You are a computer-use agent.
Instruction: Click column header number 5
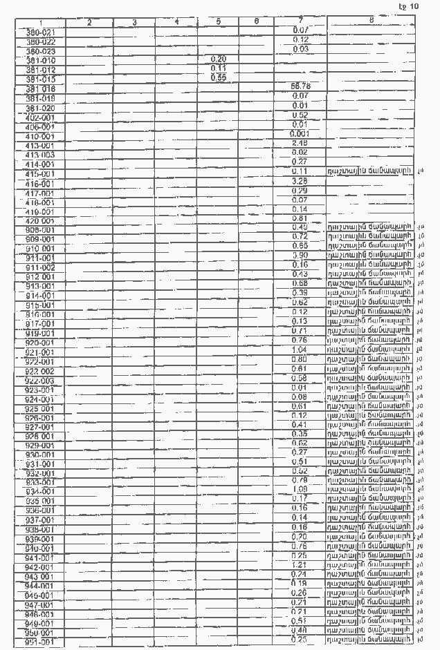[218, 22]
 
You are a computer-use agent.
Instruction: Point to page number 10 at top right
[409, 6]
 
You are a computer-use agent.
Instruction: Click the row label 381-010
[40, 61]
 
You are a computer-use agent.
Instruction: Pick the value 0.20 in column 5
[218, 59]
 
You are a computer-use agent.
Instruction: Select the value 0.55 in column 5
[218, 77]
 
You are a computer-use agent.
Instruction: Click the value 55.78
[300, 86]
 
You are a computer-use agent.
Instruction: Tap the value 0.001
[300, 133]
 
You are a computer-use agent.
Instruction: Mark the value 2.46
[300, 143]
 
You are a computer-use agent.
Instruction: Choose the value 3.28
[300, 181]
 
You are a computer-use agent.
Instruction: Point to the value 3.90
[300, 255]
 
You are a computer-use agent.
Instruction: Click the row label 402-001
[40, 117]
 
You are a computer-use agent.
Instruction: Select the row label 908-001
[40, 229]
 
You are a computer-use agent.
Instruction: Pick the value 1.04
[300, 350]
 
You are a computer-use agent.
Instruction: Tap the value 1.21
[300, 564]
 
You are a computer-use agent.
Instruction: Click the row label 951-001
[40, 642]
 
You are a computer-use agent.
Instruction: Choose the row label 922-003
[40, 381]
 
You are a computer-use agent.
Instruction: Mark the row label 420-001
[40, 221]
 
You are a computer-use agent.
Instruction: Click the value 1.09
[300, 488]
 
